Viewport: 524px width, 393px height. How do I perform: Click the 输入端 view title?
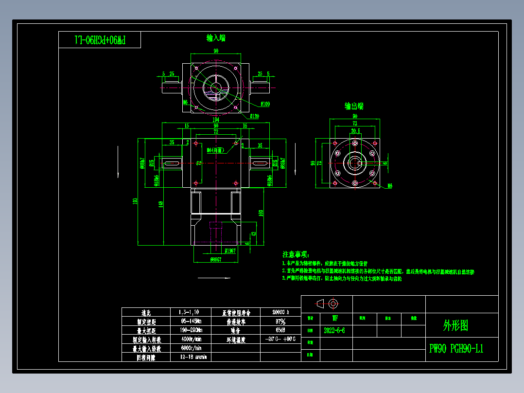click(216, 38)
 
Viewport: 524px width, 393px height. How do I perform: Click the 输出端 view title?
click(354, 107)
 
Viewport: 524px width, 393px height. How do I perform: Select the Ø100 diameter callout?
click(265, 104)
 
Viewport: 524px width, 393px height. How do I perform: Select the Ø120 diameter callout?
click(254, 116)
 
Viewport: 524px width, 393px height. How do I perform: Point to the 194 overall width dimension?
click(216, 119)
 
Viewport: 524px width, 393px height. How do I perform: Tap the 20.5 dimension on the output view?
click(355, 131)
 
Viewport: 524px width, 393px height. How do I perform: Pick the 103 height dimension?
click(261, 213)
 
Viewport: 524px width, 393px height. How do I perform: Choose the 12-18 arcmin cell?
click(193, 357)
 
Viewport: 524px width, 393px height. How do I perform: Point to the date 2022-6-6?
click(334, 330)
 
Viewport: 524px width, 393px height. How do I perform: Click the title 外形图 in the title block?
click(455, 325)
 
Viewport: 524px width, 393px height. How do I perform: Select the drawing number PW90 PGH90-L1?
click(456, 349)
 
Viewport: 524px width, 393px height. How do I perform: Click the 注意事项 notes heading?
click(295, 254)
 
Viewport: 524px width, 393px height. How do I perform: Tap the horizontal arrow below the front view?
click(214, 278)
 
